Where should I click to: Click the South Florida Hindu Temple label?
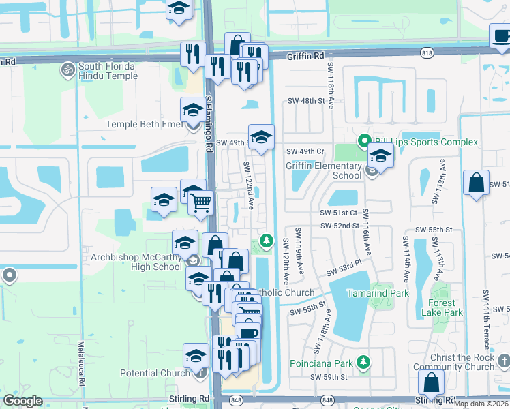(107, 71)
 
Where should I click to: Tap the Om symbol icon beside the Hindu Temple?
(68, 69)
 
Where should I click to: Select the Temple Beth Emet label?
(145, 125)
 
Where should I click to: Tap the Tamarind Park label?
(378, 293)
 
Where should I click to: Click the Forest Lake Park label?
(446, 307)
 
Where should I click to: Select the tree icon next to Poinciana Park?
(365, 361)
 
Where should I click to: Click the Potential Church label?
(155, 373)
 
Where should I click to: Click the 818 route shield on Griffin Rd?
(427, 52)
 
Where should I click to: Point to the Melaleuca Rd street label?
(80, 364)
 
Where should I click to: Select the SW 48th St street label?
(308, 100)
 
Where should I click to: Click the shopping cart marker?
(200, 202)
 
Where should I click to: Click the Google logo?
(23, 401)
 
